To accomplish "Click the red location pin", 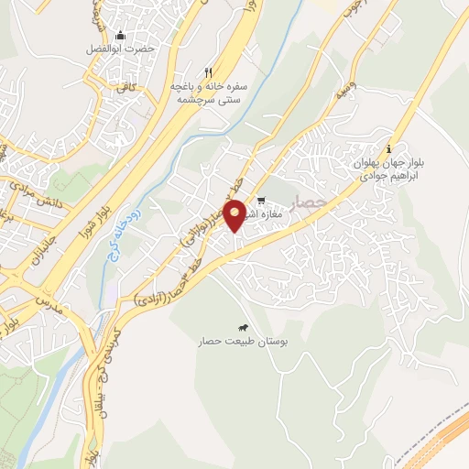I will point(234,214).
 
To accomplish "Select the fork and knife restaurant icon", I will point(209,72).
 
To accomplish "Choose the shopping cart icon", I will point(261,201).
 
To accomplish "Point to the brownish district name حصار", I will point(309,202).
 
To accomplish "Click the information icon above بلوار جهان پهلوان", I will point(389,149).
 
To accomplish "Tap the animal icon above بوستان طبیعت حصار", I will point(243,328).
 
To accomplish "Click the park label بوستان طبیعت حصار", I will point(237,341).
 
